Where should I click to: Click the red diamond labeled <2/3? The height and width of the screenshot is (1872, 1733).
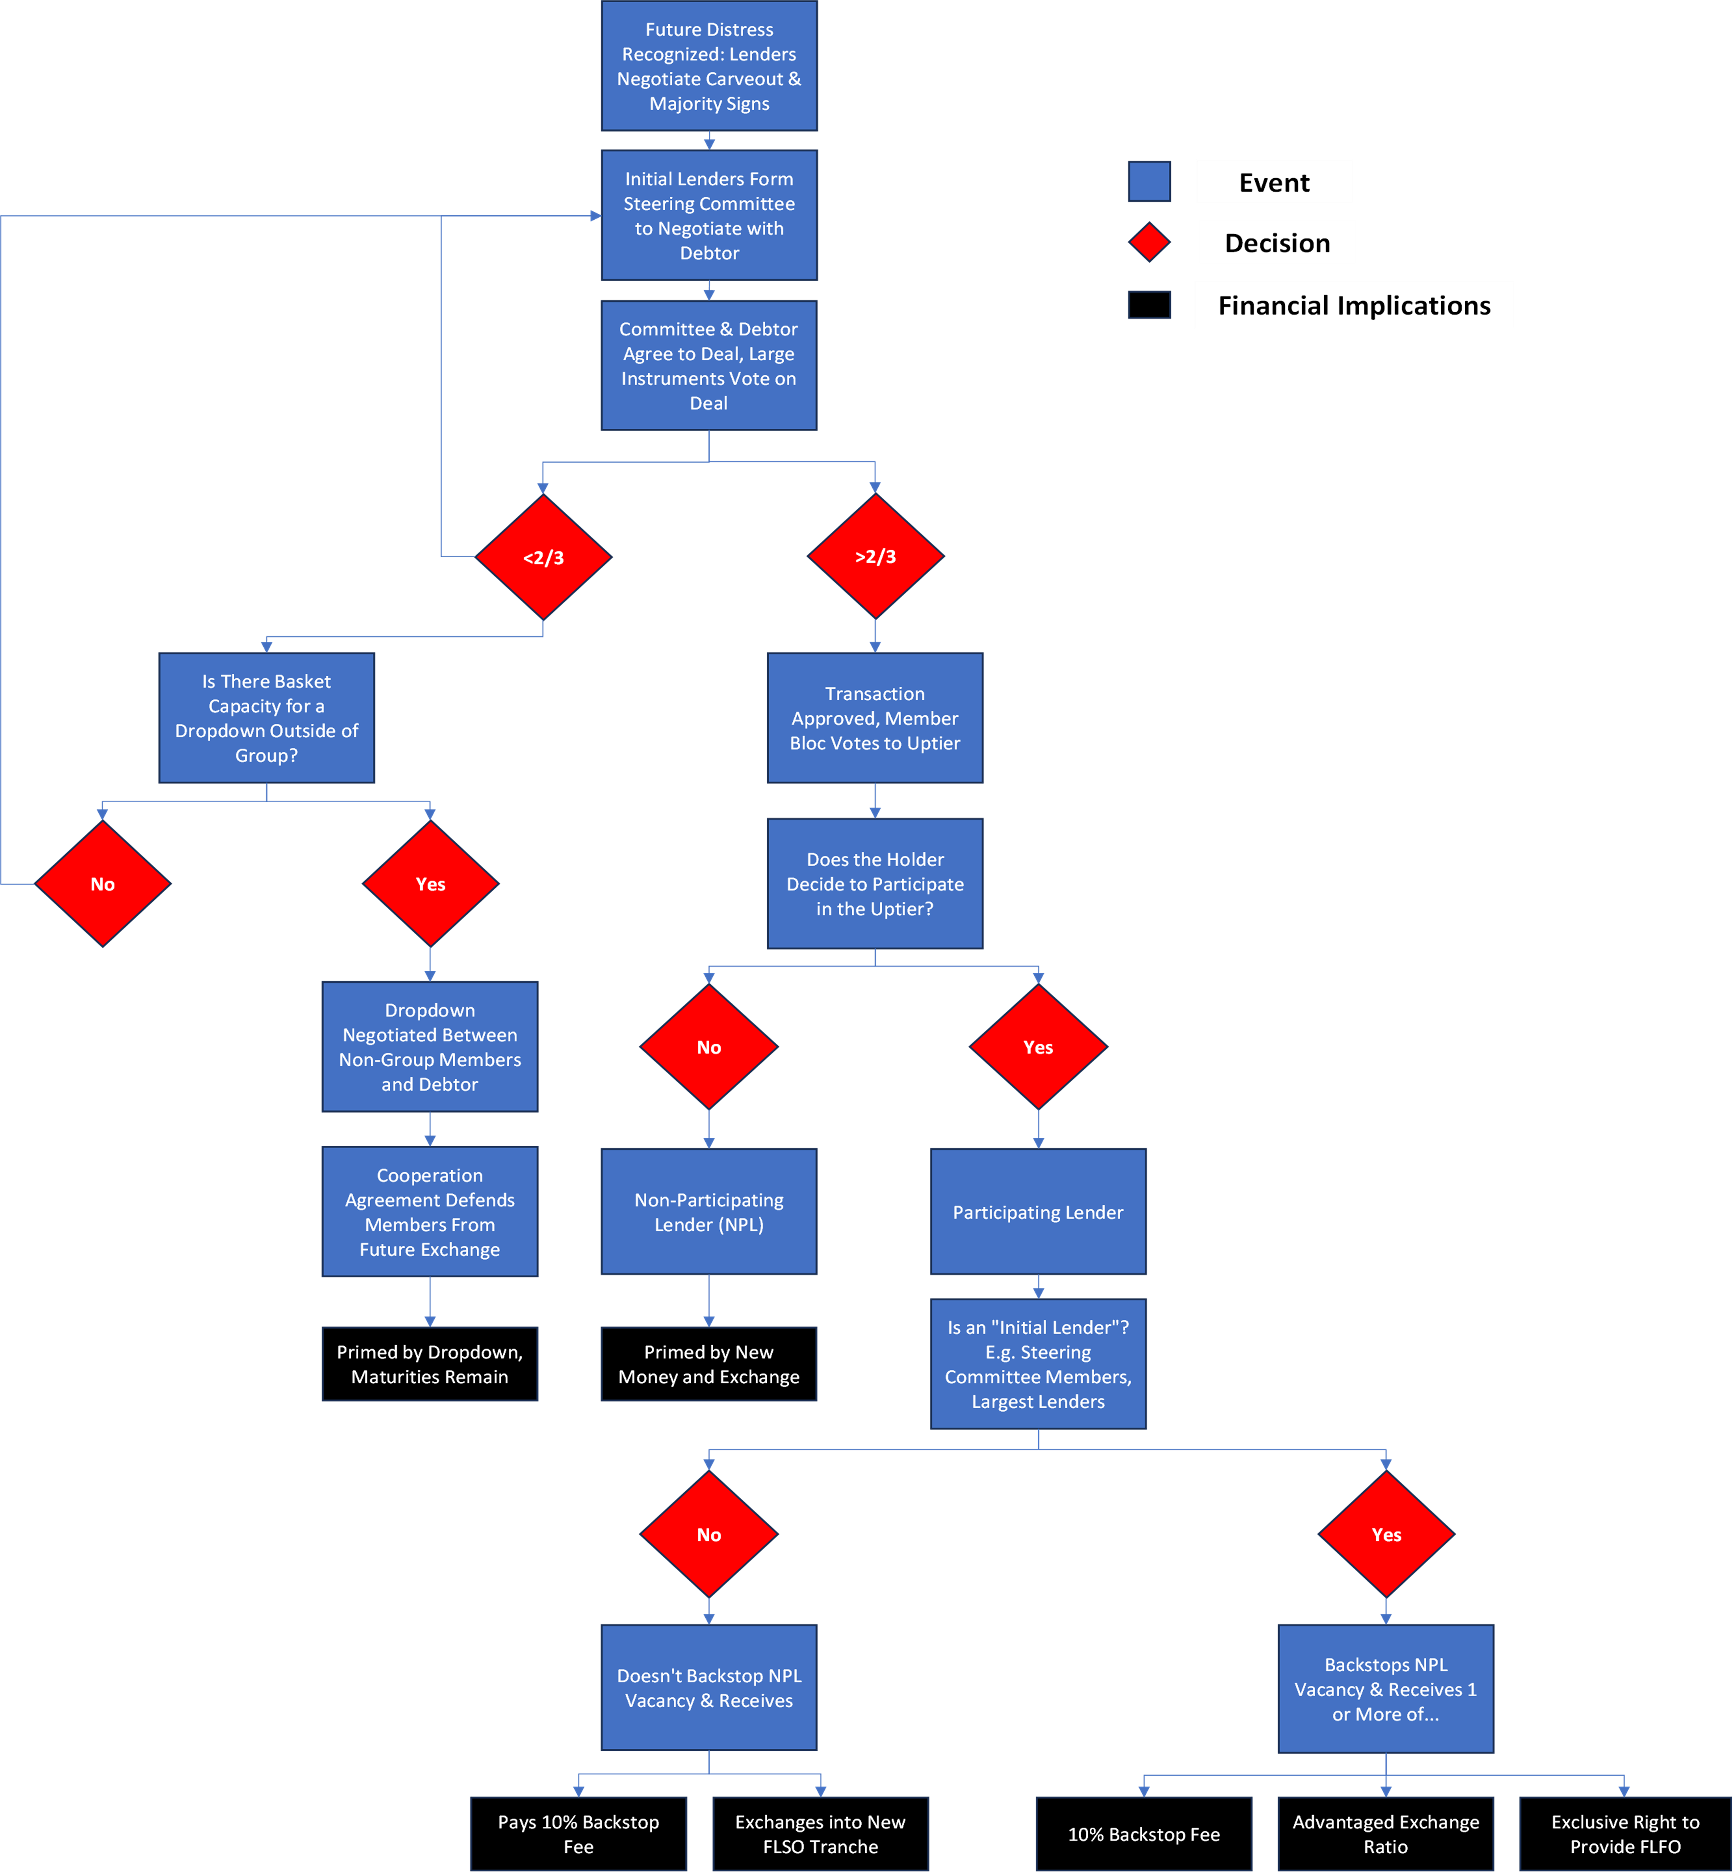543,557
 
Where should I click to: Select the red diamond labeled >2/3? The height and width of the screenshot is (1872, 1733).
875,556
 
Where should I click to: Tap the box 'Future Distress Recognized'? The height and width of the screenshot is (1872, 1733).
709,66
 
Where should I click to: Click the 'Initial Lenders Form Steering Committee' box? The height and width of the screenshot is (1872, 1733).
709,216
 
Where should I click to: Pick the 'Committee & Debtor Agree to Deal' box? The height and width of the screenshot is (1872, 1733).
709,366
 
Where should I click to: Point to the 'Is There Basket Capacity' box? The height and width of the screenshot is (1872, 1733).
266,717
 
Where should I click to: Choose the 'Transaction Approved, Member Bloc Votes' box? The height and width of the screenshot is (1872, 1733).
875,717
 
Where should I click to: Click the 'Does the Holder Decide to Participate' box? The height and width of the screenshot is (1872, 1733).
875,883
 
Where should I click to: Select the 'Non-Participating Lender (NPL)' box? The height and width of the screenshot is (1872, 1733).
709,1212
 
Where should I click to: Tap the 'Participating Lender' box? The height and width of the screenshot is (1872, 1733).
1038,1212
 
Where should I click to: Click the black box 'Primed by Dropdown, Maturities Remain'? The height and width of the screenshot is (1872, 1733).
430,1364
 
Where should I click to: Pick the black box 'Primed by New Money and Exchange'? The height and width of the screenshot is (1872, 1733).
709,1364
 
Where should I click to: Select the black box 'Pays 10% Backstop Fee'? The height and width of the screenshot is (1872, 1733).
579,1834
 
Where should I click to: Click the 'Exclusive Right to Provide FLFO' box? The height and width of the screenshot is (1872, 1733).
1625,1834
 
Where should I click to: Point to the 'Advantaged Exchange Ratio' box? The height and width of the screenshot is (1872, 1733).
1386,1834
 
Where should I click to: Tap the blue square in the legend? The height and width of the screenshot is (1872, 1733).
1149,181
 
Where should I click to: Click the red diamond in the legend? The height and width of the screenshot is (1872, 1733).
1149,242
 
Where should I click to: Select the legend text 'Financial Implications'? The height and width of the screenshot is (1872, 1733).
1354,306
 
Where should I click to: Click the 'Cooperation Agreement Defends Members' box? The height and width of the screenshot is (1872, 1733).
430,1212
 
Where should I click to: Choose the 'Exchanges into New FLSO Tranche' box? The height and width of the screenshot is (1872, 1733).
821,1834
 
